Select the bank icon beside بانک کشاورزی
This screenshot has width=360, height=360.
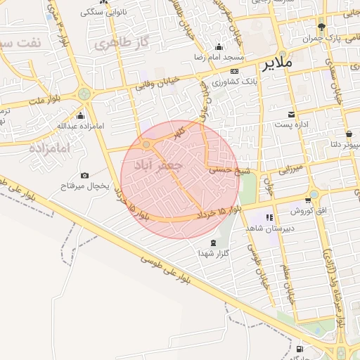pyautogui.click(x=234, y=71)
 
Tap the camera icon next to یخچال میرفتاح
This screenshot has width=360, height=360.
pyautogui.click(x=85, y=175)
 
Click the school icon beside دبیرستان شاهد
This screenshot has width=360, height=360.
pyautogui.click(x=269, y=217)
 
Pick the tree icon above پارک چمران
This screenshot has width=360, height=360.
pyautogui.click(x=321, y=24)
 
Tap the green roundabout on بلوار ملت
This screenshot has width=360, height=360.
pyautogui.click(x=84, y=94)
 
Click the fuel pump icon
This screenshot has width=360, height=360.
pyautogui.click(x=300, y=349)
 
